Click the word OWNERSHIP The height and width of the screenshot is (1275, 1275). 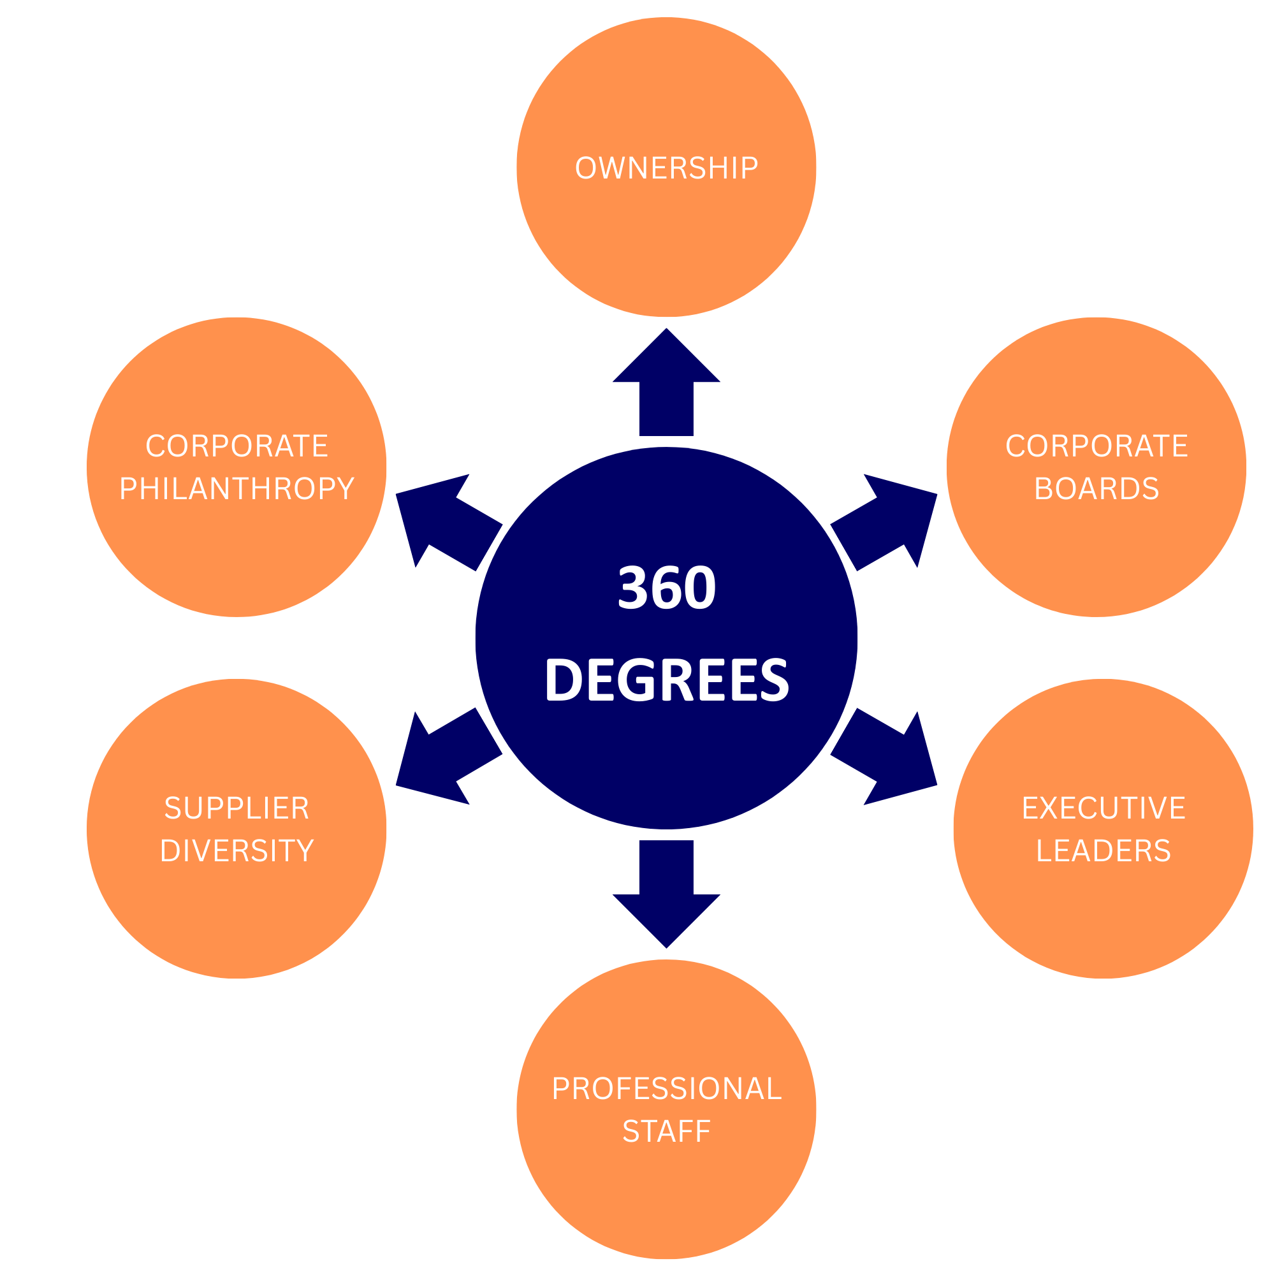(x=666, y=168)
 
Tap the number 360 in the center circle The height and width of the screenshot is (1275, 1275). (x=666, y=586)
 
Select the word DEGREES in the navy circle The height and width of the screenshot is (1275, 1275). (x=666, y=679)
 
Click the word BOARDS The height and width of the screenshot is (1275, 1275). (x=1096, y=488)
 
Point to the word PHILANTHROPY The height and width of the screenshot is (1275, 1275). (x=237, y=488)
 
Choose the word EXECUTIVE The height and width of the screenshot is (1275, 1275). (x=1104, y=808)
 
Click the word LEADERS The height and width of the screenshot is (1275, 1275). (x=1104, y=850)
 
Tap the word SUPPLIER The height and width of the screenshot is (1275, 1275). (x=237, y=808)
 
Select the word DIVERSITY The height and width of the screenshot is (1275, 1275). (x=237, y=850)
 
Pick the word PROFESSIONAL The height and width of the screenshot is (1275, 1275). (x=666, y=1088)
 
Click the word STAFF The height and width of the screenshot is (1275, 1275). (x=666, y=1131)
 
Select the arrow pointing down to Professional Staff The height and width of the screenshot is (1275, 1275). (x=666, y=891)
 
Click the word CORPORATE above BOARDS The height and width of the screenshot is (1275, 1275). (x=1096, y=446)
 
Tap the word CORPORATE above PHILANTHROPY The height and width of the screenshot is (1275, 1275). (x=237, y=446)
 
